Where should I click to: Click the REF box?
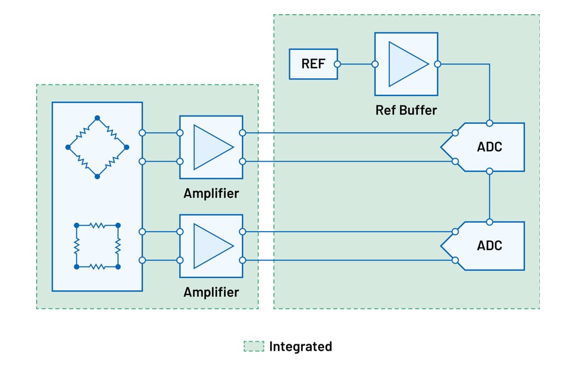tap(313, 64)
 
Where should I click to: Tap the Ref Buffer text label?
tap(406, 110)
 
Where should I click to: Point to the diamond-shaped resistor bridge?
tap(97, 147)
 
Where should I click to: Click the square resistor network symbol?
tap(97, 246)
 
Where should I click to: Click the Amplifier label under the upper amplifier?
tap(211, 193)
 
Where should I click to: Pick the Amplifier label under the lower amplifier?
tap(211, 292)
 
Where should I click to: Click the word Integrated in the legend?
tap(300, 347)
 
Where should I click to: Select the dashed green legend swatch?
tap(254, 347)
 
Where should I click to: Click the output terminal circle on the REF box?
tap(337, 64)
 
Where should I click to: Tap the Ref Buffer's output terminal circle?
tap(437, 64)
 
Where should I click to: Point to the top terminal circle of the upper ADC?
tap(490, 123)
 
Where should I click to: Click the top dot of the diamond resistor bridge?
tap(97, 118)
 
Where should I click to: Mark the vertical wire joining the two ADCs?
tap(490, 196)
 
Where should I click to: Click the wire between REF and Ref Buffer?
tap(356, 64)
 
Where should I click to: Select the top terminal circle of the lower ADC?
tap(490, 222)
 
